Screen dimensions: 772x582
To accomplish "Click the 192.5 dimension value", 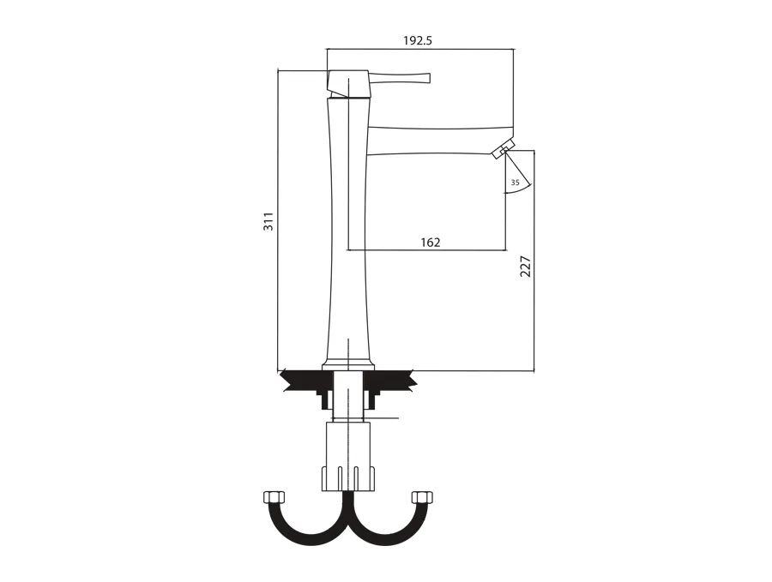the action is (418, 41).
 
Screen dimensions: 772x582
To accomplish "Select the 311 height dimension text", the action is (268, 221).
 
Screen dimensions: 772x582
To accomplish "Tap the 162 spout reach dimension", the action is (431, 242).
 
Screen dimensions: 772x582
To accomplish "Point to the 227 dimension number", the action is (526, 267).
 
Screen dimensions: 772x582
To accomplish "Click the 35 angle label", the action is (515, 183).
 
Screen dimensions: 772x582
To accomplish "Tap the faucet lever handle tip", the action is (429, 78).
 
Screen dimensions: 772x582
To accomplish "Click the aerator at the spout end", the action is (504, 148).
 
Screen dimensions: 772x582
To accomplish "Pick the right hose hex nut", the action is (422, 497).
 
